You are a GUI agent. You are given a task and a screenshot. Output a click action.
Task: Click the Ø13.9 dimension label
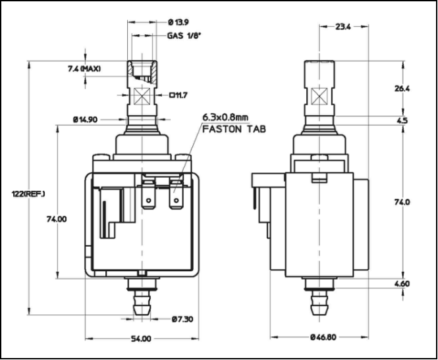pyautogui.click(x=178, y=22)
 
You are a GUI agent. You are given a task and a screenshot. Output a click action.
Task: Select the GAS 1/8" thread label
pyautogui.click(x=184, y=37)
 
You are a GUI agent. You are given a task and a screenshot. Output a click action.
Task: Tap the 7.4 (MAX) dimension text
pyautogui.click(x=82, y=68)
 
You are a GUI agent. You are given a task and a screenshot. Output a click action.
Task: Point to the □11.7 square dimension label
pyautogui.click(x=178, y=95)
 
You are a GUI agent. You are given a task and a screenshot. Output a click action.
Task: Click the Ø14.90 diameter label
pyautogui.click(x=86, y=120)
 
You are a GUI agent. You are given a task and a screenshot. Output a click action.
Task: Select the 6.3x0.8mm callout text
pyautogui.click(x=225, y=117)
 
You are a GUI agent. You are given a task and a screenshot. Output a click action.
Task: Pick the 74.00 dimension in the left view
pyautogui.click(x=57, y=219)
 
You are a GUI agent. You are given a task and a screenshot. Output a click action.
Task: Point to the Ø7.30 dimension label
pyautogui.click(x=181, y=319)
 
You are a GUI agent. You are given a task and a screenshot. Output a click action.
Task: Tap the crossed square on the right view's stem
pyautogui.click(x=321, y=97)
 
